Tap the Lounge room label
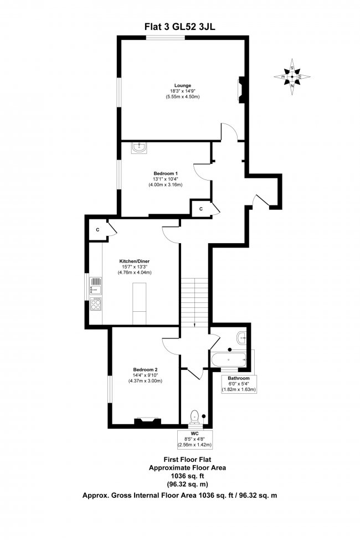click(182, 85)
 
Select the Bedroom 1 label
click(165, 173)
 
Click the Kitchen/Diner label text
click(134, 261)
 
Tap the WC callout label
click(194, 434)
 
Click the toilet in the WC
click(194, 415)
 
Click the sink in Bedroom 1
click(139, 147)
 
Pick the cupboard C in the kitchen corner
click(97, 229)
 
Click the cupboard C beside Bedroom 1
click(200, 208)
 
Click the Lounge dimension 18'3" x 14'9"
click(182, 91)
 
